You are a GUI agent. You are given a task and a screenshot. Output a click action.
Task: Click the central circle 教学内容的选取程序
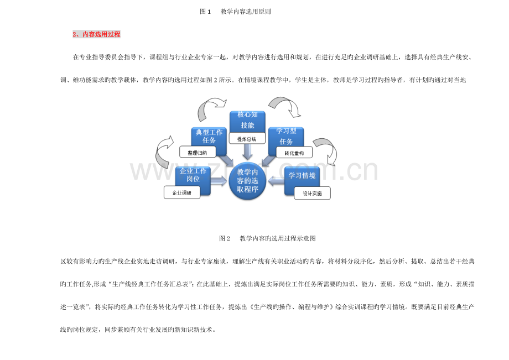(x=247, y=181)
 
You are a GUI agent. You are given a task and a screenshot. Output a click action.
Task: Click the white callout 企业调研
(x=182, y=192)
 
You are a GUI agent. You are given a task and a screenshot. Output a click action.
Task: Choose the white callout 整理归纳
(x=198, y=153)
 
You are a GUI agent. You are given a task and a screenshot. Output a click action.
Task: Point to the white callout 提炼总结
(x=247, y=139)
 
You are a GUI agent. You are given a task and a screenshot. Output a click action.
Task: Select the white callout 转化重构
(x=294, y=153)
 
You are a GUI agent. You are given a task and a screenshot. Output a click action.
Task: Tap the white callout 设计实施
(x=312, y=194)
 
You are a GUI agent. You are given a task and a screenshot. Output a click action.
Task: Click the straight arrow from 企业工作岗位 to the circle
(x=219, y=181)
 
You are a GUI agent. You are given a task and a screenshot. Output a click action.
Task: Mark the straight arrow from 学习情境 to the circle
(x=276, y=181)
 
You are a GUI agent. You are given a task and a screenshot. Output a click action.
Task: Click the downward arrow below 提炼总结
(x=247, y=152)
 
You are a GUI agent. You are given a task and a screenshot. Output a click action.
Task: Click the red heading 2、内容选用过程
(x=96, y=34)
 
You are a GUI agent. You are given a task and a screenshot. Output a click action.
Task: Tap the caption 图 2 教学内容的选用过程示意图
(x=267, y=238)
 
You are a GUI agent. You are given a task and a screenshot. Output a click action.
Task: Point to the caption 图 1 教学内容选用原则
(x=235, y=12)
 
